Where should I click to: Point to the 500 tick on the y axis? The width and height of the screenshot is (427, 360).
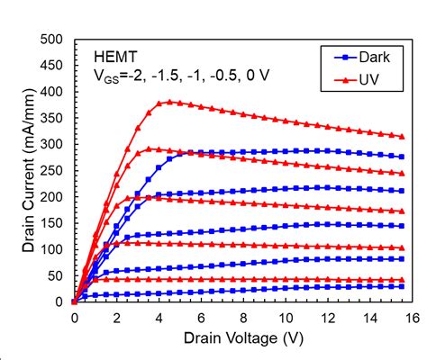(52, 40)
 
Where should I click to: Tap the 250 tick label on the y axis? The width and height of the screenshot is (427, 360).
(52, 171)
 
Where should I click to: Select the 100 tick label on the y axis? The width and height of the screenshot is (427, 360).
(52, 249)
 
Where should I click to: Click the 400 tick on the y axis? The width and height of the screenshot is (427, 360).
(52, 92)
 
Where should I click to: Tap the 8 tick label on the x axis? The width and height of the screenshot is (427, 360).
(242, 317)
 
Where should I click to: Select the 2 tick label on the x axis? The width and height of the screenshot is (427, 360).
(116, 317)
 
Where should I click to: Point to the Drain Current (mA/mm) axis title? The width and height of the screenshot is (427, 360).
(17, 171)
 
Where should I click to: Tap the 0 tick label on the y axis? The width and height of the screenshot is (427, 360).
(61, 301)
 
